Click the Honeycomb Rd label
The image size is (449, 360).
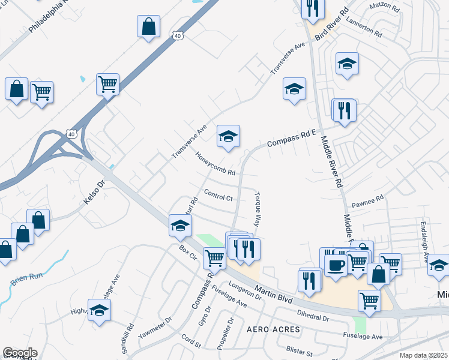tap(214, 164)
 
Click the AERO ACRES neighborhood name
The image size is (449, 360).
tap(269, 330)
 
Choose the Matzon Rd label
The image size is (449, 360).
tap(385, 8)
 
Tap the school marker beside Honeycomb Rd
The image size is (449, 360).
tap(228, 137)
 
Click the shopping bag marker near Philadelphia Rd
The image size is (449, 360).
tap(149, 27)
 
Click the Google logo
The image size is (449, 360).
tap(20, 353)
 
